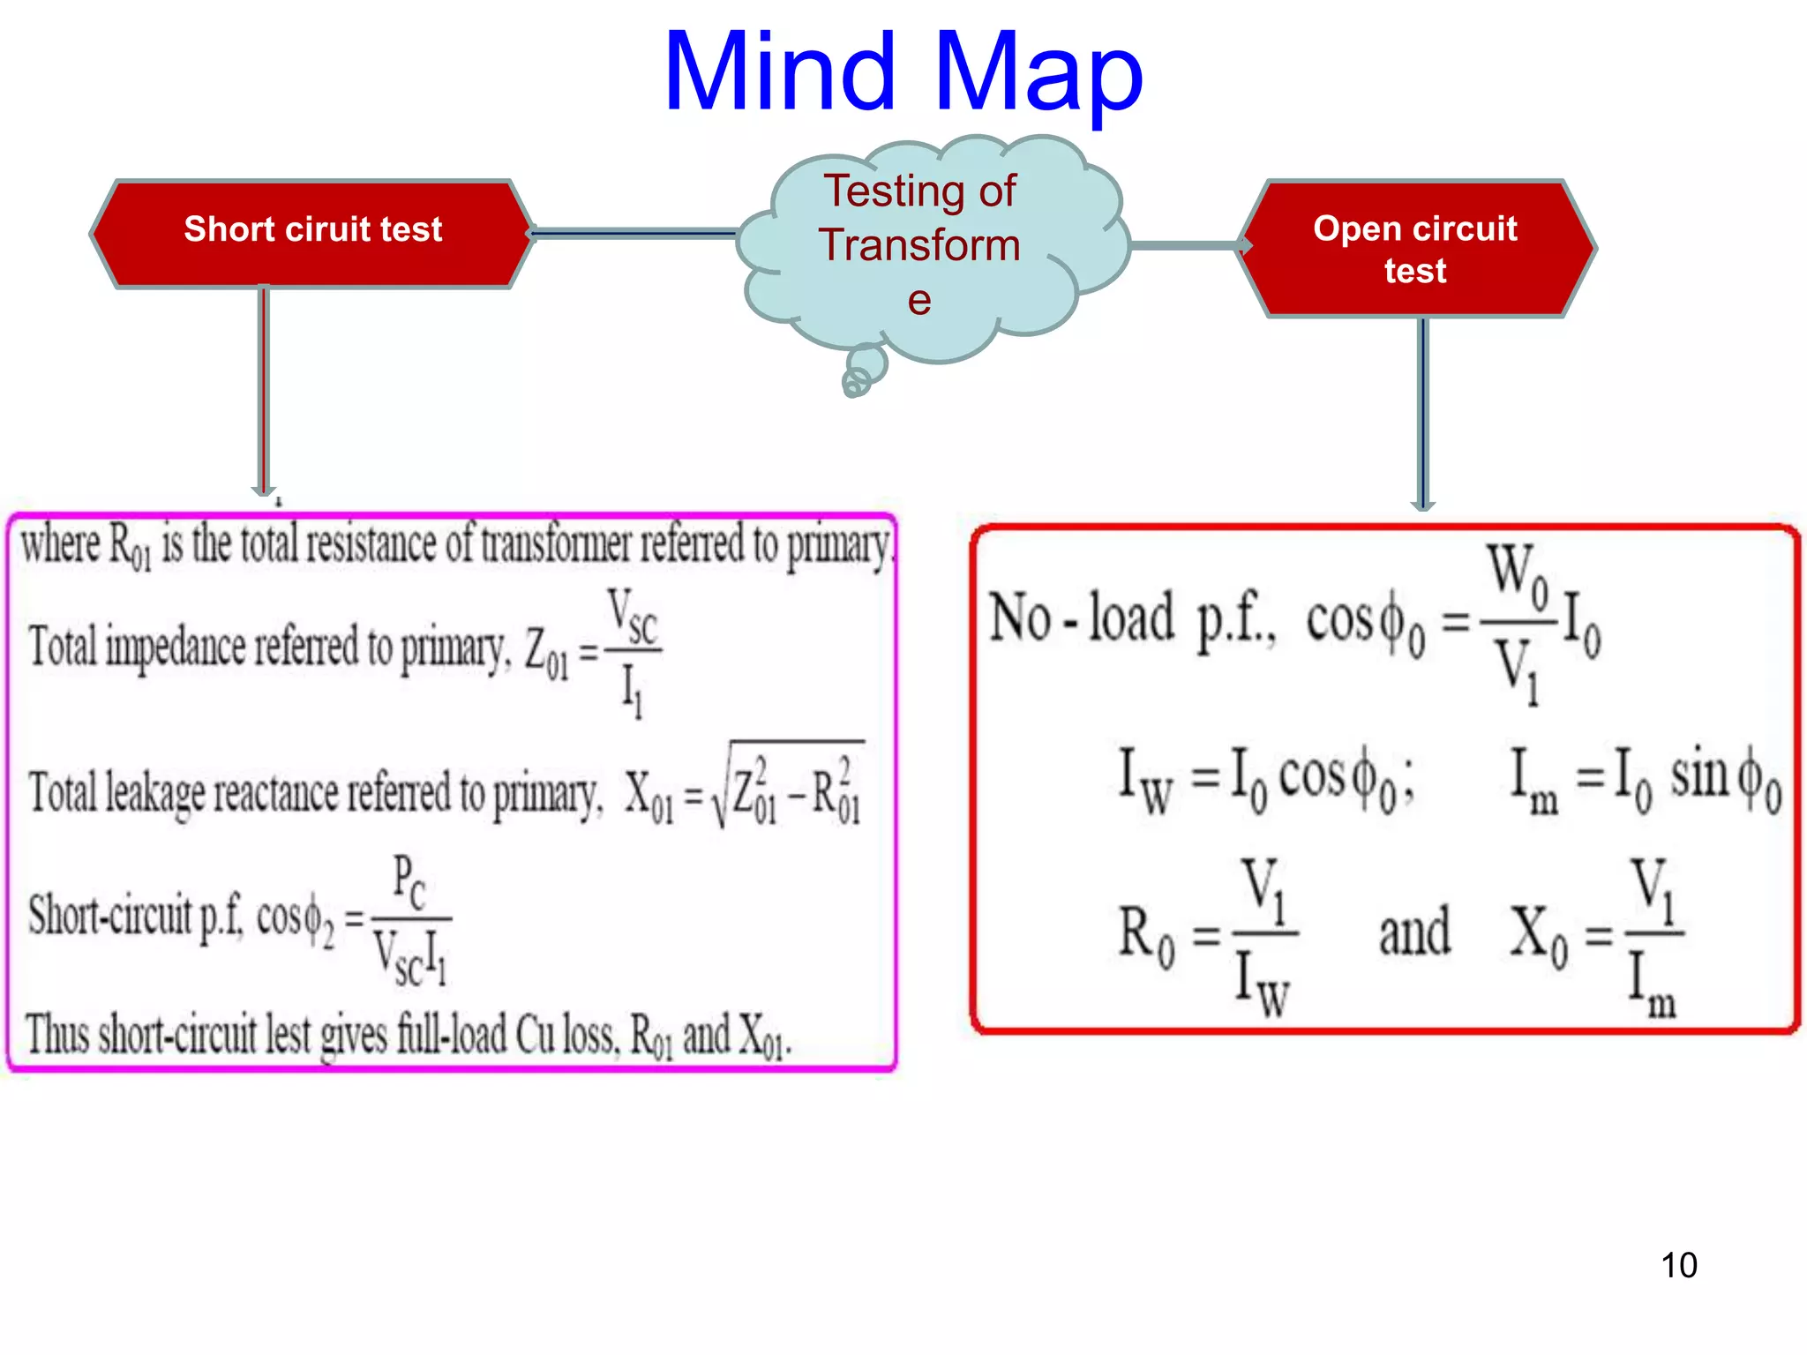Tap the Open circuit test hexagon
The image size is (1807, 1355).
tap(1415, 249)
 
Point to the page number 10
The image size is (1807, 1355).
tap(1678, 1265)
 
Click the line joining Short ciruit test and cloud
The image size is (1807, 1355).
tap(634, 234)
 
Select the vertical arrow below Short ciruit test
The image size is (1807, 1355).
tap(263, 388)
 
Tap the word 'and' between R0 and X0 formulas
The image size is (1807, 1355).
tap(1414, 932)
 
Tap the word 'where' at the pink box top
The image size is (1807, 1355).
tap(60, 543)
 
